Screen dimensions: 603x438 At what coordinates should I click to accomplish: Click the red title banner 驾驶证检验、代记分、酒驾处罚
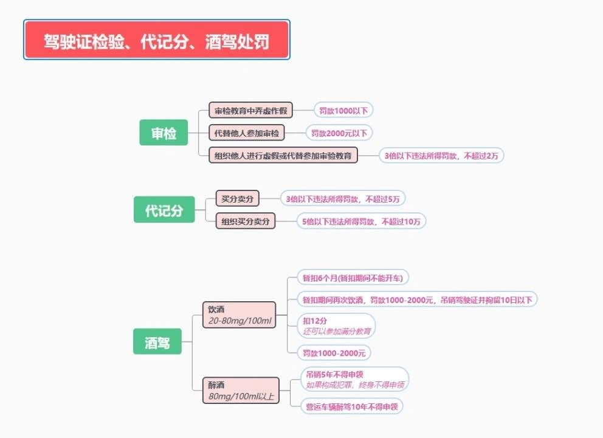point(156,40)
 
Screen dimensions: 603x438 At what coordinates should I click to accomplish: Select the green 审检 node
point(164,133)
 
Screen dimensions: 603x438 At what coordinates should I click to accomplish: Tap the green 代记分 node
point(164,209)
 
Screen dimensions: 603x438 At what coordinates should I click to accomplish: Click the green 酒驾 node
point(157,341)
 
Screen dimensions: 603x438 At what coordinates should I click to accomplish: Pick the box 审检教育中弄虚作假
point(250,110)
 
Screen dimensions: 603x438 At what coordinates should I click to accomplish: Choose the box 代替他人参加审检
point(247,133)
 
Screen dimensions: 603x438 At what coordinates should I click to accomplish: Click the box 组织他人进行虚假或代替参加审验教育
point(283,155)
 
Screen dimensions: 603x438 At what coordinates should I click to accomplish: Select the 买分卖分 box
point(237,198)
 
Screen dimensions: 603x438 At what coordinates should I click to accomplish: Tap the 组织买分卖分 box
point(246,221)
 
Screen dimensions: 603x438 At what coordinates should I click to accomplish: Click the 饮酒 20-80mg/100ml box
point(239,315)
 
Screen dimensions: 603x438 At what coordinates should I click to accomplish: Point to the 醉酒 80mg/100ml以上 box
point(241,391)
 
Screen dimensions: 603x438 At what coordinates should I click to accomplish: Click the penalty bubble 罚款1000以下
point(343,111)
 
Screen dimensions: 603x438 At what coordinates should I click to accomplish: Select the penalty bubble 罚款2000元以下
point(339,133)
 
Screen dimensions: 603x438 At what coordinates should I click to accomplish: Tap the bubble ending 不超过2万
point(441,156)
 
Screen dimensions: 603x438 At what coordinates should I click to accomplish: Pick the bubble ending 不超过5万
point(343,198)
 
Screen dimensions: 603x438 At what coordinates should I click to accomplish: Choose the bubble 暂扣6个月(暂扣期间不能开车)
point(353,277)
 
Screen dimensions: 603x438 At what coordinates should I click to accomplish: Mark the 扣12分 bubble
point(336,325)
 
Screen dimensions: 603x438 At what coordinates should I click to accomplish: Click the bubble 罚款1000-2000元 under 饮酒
point(334,353)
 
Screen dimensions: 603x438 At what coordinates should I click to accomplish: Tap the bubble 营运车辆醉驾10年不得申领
point(352,406)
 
